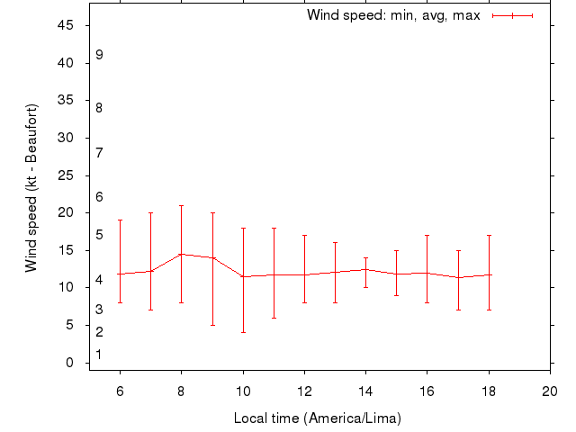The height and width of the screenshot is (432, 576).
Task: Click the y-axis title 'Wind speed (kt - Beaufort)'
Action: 31,187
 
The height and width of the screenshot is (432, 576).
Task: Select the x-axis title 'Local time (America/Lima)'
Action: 317,418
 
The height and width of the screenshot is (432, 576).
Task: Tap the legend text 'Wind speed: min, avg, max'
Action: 393,15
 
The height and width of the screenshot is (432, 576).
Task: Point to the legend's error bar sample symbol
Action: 513,15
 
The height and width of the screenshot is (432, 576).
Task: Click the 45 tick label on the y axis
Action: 66,25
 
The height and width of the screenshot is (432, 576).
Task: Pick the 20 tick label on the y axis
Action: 66,212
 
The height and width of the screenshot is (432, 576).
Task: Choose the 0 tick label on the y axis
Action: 69,363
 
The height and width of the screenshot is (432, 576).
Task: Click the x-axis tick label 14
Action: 365,391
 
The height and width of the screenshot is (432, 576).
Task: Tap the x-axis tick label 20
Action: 550,391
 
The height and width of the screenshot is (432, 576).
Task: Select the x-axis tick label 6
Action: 120,391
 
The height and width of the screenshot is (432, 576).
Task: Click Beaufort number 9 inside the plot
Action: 99,55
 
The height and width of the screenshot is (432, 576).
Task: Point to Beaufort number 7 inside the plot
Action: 99,152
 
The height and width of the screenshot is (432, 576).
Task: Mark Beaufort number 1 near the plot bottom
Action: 99,355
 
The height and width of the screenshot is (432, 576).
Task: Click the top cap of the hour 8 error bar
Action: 181,205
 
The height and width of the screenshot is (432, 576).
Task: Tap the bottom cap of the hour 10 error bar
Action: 243,333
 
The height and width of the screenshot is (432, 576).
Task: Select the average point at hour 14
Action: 365,269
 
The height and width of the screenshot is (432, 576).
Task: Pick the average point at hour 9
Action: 212,257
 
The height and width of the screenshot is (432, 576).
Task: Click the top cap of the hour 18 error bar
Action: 489,235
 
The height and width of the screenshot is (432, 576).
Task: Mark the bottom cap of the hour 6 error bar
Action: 120,302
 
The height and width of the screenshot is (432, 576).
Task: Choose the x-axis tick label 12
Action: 304,391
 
